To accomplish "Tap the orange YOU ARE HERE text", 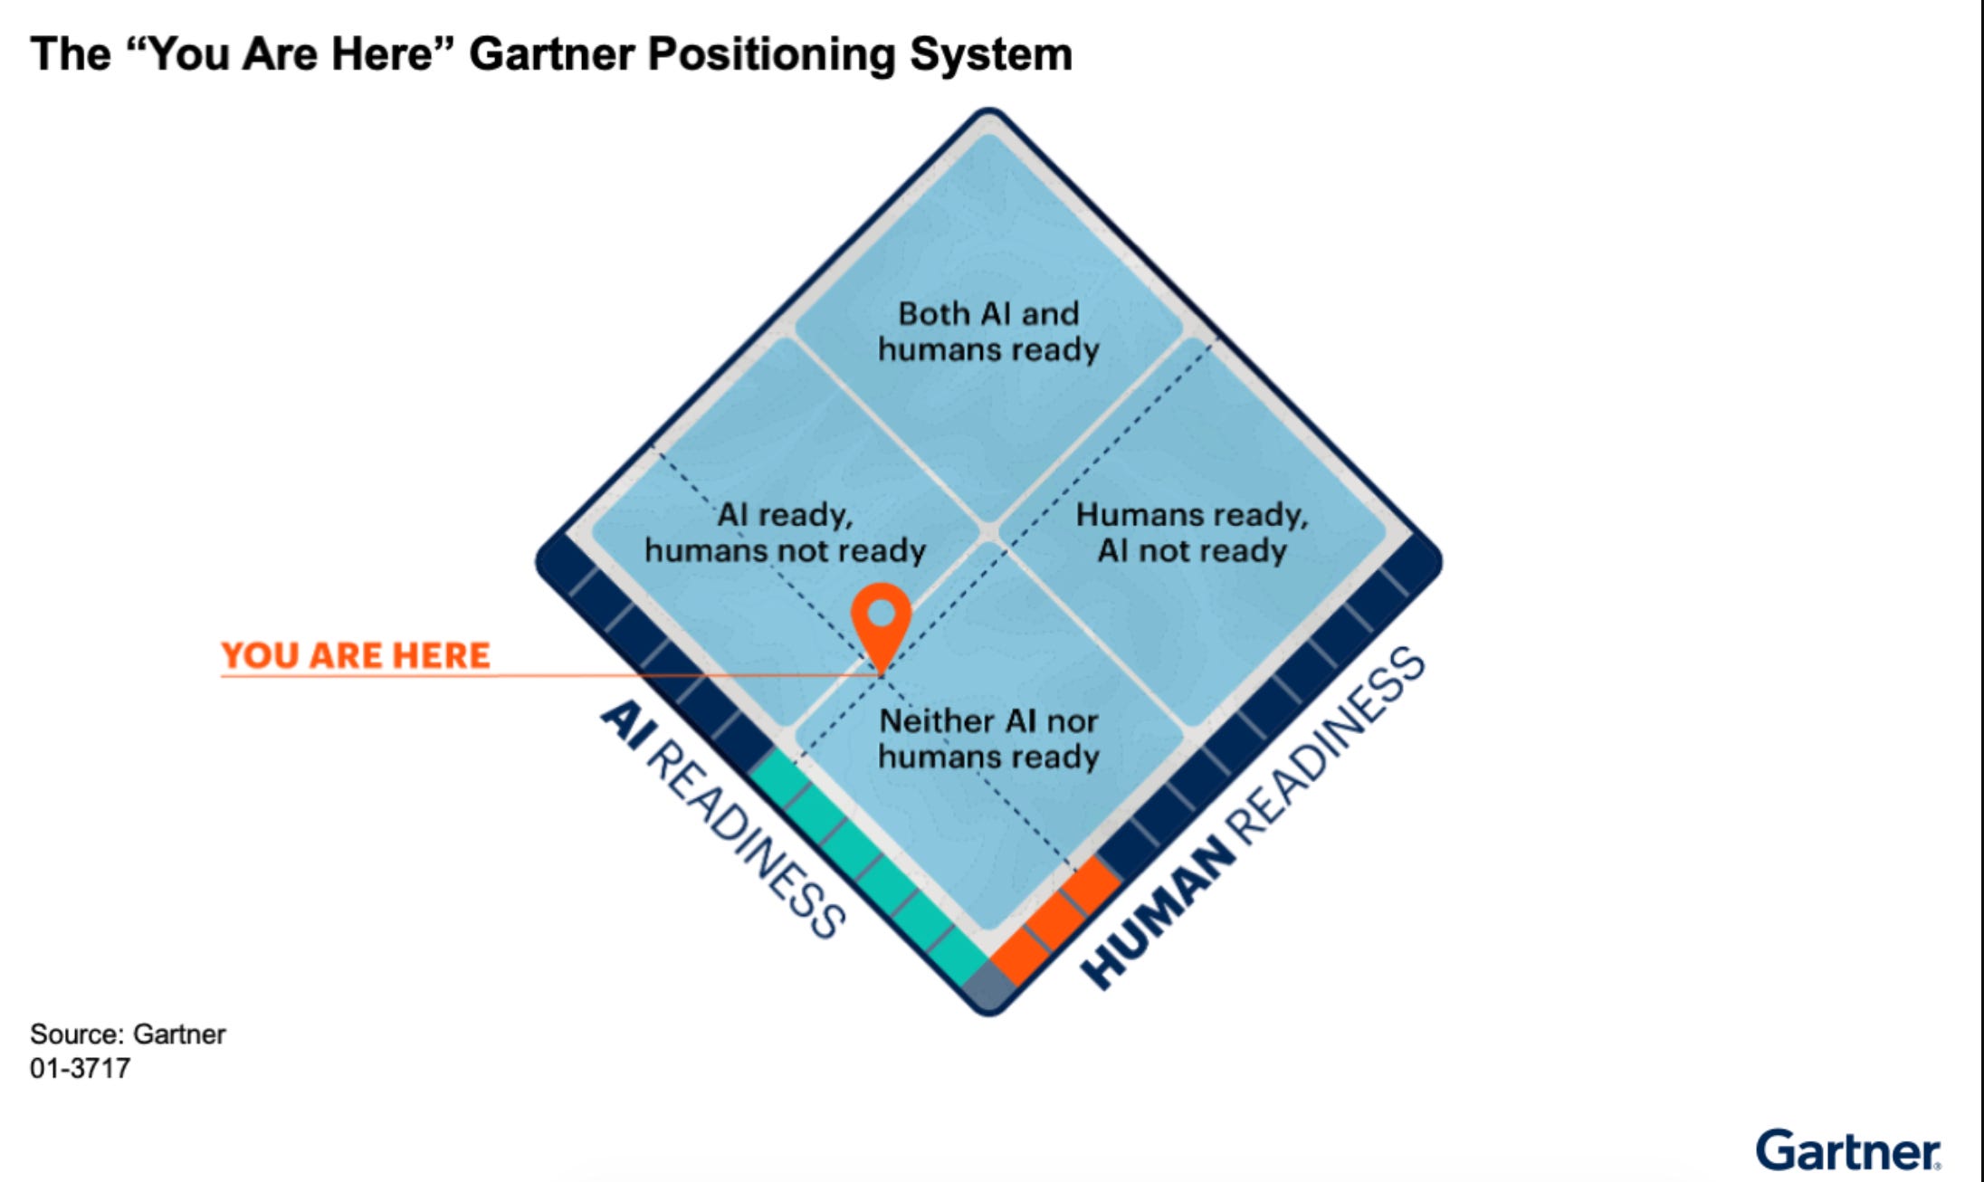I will [x=355, y=654].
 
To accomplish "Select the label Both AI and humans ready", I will [x=988, y=331].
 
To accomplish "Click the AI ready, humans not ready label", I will [x=785, y=532].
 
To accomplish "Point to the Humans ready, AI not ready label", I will [x=1192, y=532].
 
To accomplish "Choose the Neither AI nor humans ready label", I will [x=988, y=739].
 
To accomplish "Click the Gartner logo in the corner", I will [x=1847, y=1150].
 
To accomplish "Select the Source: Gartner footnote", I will [x=128, y=1034].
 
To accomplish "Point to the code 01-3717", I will [x=80, y=1068].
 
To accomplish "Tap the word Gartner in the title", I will [x=551, y=53].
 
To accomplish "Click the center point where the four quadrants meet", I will [x=989, y=532].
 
